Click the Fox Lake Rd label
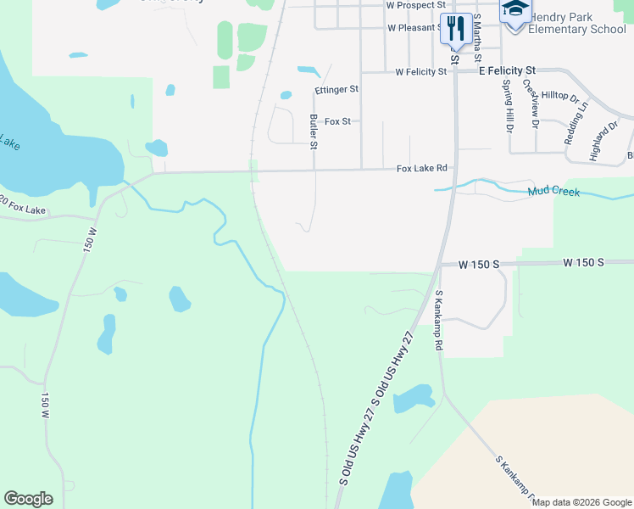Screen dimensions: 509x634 coord(421,169)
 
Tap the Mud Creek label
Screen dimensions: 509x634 coord(553,192)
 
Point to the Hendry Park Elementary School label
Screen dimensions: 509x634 coord(576,23)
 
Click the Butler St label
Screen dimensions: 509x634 coord(314,132)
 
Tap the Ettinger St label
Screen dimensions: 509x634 coord(336,89)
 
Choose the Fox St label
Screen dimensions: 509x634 coord(337,121)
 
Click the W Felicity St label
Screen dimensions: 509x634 coord(421,72)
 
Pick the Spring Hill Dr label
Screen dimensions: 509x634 coord(508,106)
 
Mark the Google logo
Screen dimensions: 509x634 coord(28,499)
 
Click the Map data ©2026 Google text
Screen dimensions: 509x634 coord(581,502)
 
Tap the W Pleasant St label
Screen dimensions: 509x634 coord(415,28)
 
